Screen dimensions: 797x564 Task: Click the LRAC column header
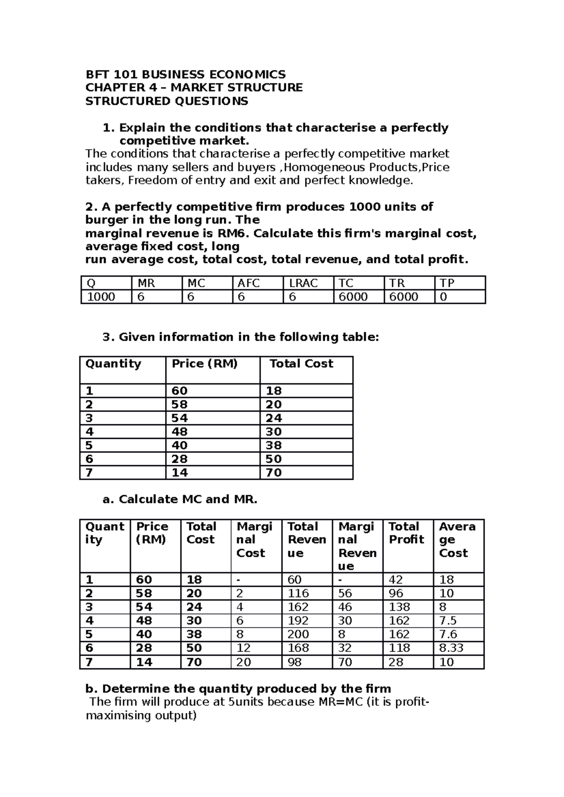304,283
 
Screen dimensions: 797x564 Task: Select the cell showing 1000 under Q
101,297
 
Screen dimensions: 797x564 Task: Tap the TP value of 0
443,297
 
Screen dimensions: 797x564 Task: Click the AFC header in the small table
249,283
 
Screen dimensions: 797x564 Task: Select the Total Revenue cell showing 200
298,635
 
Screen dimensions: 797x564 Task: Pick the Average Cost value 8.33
451,648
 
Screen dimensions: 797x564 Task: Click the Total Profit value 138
399,607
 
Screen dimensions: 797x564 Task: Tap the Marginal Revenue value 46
345,607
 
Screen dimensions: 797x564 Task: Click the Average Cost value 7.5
447,621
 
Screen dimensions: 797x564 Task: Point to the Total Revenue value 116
298,594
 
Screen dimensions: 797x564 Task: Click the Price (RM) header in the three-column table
204,364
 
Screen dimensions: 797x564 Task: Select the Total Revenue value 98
295,662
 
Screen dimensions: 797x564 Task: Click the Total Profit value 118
399,648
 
